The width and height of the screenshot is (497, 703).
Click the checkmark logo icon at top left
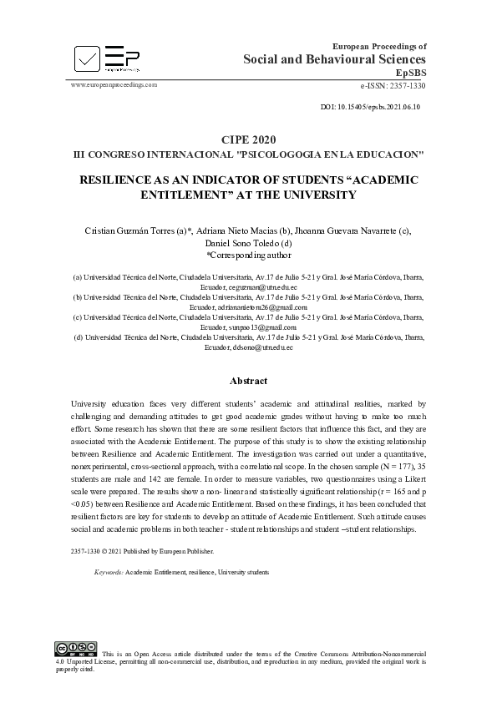click(88, 58)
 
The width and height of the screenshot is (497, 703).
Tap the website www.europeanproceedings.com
click(114, 85)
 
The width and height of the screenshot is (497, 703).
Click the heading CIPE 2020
click(248, 139)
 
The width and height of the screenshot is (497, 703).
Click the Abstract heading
click(248, 381)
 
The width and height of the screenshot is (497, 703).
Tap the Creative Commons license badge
click(75, 649)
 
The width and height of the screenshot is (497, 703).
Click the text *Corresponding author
click(248, 255)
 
